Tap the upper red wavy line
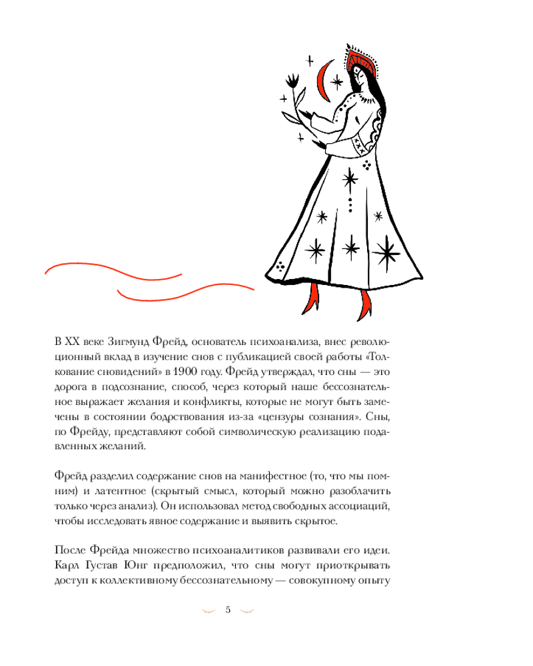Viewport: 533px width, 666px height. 113,272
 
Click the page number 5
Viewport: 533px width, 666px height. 228,609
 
